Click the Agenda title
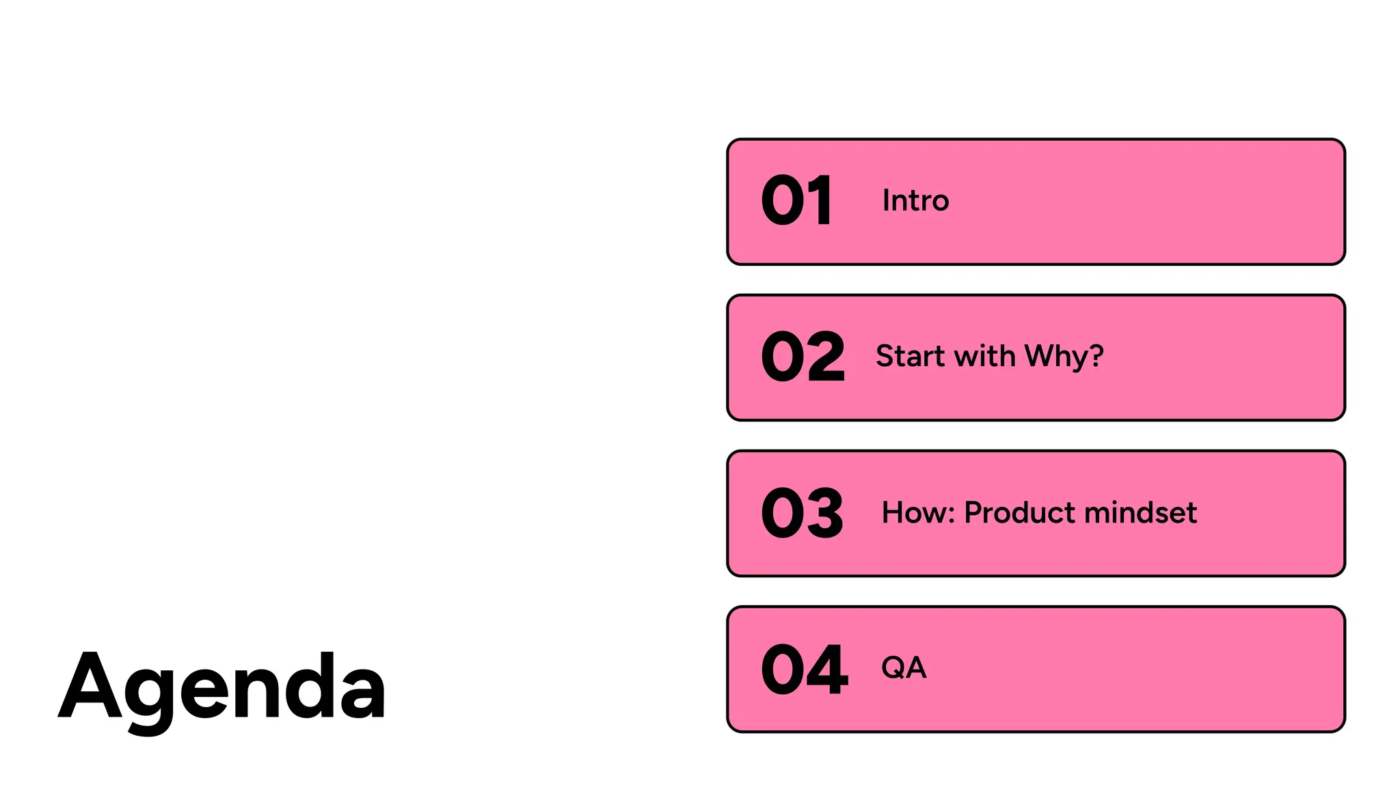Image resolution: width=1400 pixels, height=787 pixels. point(222,687)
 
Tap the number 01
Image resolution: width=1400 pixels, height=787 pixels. point(796,200)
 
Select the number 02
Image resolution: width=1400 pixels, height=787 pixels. point(803,356)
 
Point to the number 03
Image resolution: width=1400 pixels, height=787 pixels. point(802,512)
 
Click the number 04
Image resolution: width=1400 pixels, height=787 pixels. point(804,669)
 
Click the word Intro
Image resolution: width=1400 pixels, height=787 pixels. point(915,200)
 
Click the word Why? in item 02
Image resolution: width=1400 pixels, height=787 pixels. point(1064,356)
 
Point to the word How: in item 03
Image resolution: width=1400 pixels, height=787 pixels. point(917,512)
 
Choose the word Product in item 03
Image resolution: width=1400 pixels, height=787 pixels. point(1019,512)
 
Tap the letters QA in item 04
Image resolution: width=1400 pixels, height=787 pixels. point(904,667)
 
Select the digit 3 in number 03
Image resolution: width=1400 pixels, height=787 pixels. point(824,512)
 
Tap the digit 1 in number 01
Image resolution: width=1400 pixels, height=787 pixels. point(821,200)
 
